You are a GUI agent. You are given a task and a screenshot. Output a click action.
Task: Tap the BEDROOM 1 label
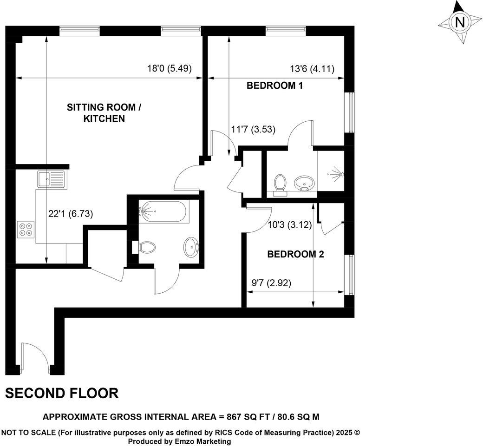pyautogui.click(x=278, y=85)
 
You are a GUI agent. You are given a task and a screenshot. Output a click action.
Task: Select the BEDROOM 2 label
pyautogui.click(x=295, y=254)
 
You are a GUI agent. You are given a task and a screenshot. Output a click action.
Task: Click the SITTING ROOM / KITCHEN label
pyautogui.click(x=104, y=113)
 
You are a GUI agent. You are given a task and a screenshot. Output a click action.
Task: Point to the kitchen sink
pyautogui.click(x=51, y=178)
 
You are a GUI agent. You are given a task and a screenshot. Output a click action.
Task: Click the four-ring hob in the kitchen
pyautogui.click(x=25, y=229)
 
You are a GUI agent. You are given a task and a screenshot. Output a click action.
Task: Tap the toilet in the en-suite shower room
pyautogui.click(x=280, y=183)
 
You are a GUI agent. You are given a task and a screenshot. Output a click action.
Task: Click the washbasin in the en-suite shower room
pyautogui.click(x=305, y=183)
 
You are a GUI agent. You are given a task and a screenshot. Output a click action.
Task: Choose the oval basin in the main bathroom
pyautogui.click(x=192, y=247)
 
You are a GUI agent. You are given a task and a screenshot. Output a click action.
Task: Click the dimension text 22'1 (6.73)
pyautogui.click(x=71, y=214)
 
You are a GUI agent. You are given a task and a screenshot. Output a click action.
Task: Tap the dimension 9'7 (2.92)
pyautogui.click(x=271, y=283)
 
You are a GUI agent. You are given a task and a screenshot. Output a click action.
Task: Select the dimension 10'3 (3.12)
pyautogui.click(x=289, y=225)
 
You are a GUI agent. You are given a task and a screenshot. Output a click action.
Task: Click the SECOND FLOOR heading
pyautogui.click(x=62, y=394)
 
